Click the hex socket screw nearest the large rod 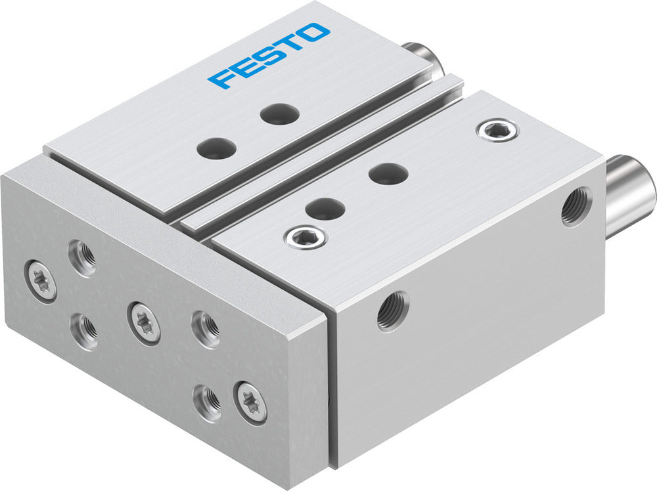pos(497,130)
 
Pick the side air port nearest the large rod pos(576,207)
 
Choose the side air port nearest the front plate pos(392,311)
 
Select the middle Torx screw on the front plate pos(145,322)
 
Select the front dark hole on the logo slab pos(216,148)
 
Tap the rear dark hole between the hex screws pos(388,173)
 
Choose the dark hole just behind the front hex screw pos(325,209)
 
